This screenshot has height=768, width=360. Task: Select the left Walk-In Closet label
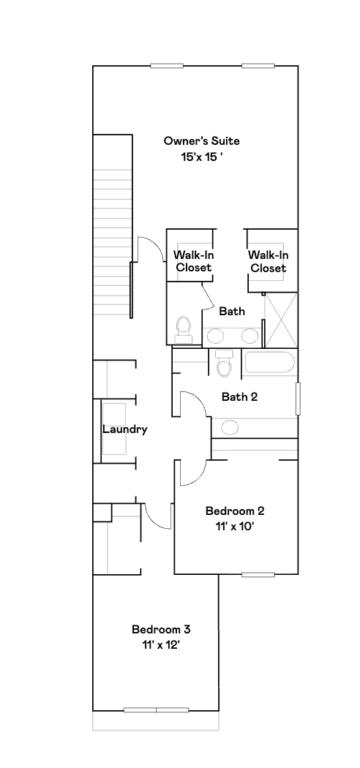click(192, 261)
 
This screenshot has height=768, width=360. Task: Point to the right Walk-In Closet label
click(268, 261)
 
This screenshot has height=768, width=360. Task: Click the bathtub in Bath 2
click(269, 362)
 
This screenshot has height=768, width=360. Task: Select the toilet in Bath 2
click(224, 364)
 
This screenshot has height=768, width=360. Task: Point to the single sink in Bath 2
click(230, 427)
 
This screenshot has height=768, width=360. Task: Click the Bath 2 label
click(239, 397)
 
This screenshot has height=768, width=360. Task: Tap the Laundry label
click(124, 429)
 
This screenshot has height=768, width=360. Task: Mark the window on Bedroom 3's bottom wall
click(156, 709)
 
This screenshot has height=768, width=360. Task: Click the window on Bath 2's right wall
click(297, 399)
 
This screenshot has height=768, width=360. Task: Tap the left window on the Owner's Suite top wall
click(167, 66)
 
